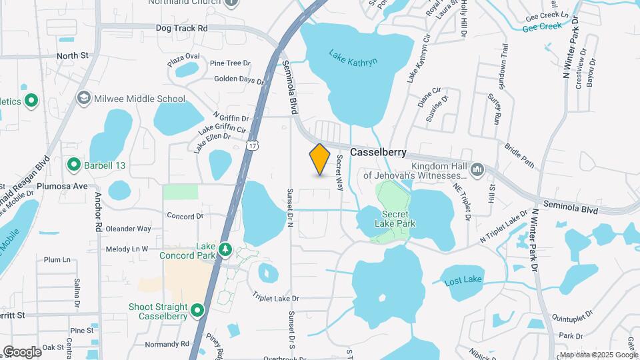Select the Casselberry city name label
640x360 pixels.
click(x=378, y=152)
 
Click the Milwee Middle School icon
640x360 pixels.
click(x=83, y=99)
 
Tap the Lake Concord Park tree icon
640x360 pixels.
click(x=225, y=249)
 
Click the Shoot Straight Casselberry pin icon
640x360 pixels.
click(x=197, y=310)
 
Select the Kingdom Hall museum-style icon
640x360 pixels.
click(x=477, y=171)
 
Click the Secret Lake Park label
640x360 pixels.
click(x=399, y=219)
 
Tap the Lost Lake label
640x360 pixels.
click(x=463, y=282)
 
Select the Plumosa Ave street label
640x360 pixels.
click(x=62, y=186)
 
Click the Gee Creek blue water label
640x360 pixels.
click(x=543, y=27)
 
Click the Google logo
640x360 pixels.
click(x=22, y=352)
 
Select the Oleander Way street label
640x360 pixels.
click(x=129, y=229)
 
